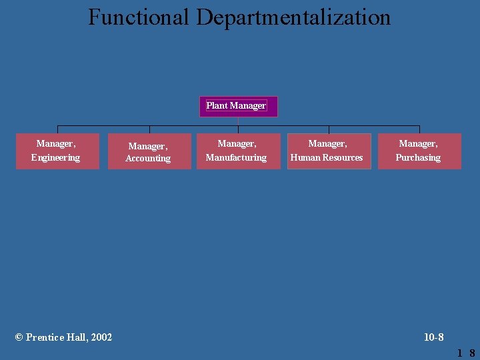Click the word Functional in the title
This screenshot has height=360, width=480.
coord(139,17)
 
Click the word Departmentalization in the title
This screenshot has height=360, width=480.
coord(293,17)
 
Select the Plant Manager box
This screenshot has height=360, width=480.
coord(238,106)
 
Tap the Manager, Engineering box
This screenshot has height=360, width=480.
coord(57,151)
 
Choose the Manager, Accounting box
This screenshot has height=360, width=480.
coord(149,152)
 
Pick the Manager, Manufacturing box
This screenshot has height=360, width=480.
coord(238,151)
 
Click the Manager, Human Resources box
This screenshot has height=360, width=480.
coord(329,151)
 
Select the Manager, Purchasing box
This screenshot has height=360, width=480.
coord(419,151)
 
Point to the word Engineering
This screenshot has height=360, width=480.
coord(55,158)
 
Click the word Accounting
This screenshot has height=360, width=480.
coord(148,159)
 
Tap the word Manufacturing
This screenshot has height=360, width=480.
coord(236,158)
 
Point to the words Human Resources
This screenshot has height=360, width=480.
coord(327,158)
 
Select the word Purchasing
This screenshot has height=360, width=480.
coord(418,158)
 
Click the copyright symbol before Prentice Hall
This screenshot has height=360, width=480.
coord(19,337)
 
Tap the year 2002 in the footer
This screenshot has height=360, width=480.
coord(101,337)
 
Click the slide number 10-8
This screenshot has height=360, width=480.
coord(434,337)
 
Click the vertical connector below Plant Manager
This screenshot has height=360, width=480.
coord(238,121)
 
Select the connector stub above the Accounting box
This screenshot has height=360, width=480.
coord(149,130)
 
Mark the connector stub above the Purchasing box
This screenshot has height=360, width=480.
coord(419,129)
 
